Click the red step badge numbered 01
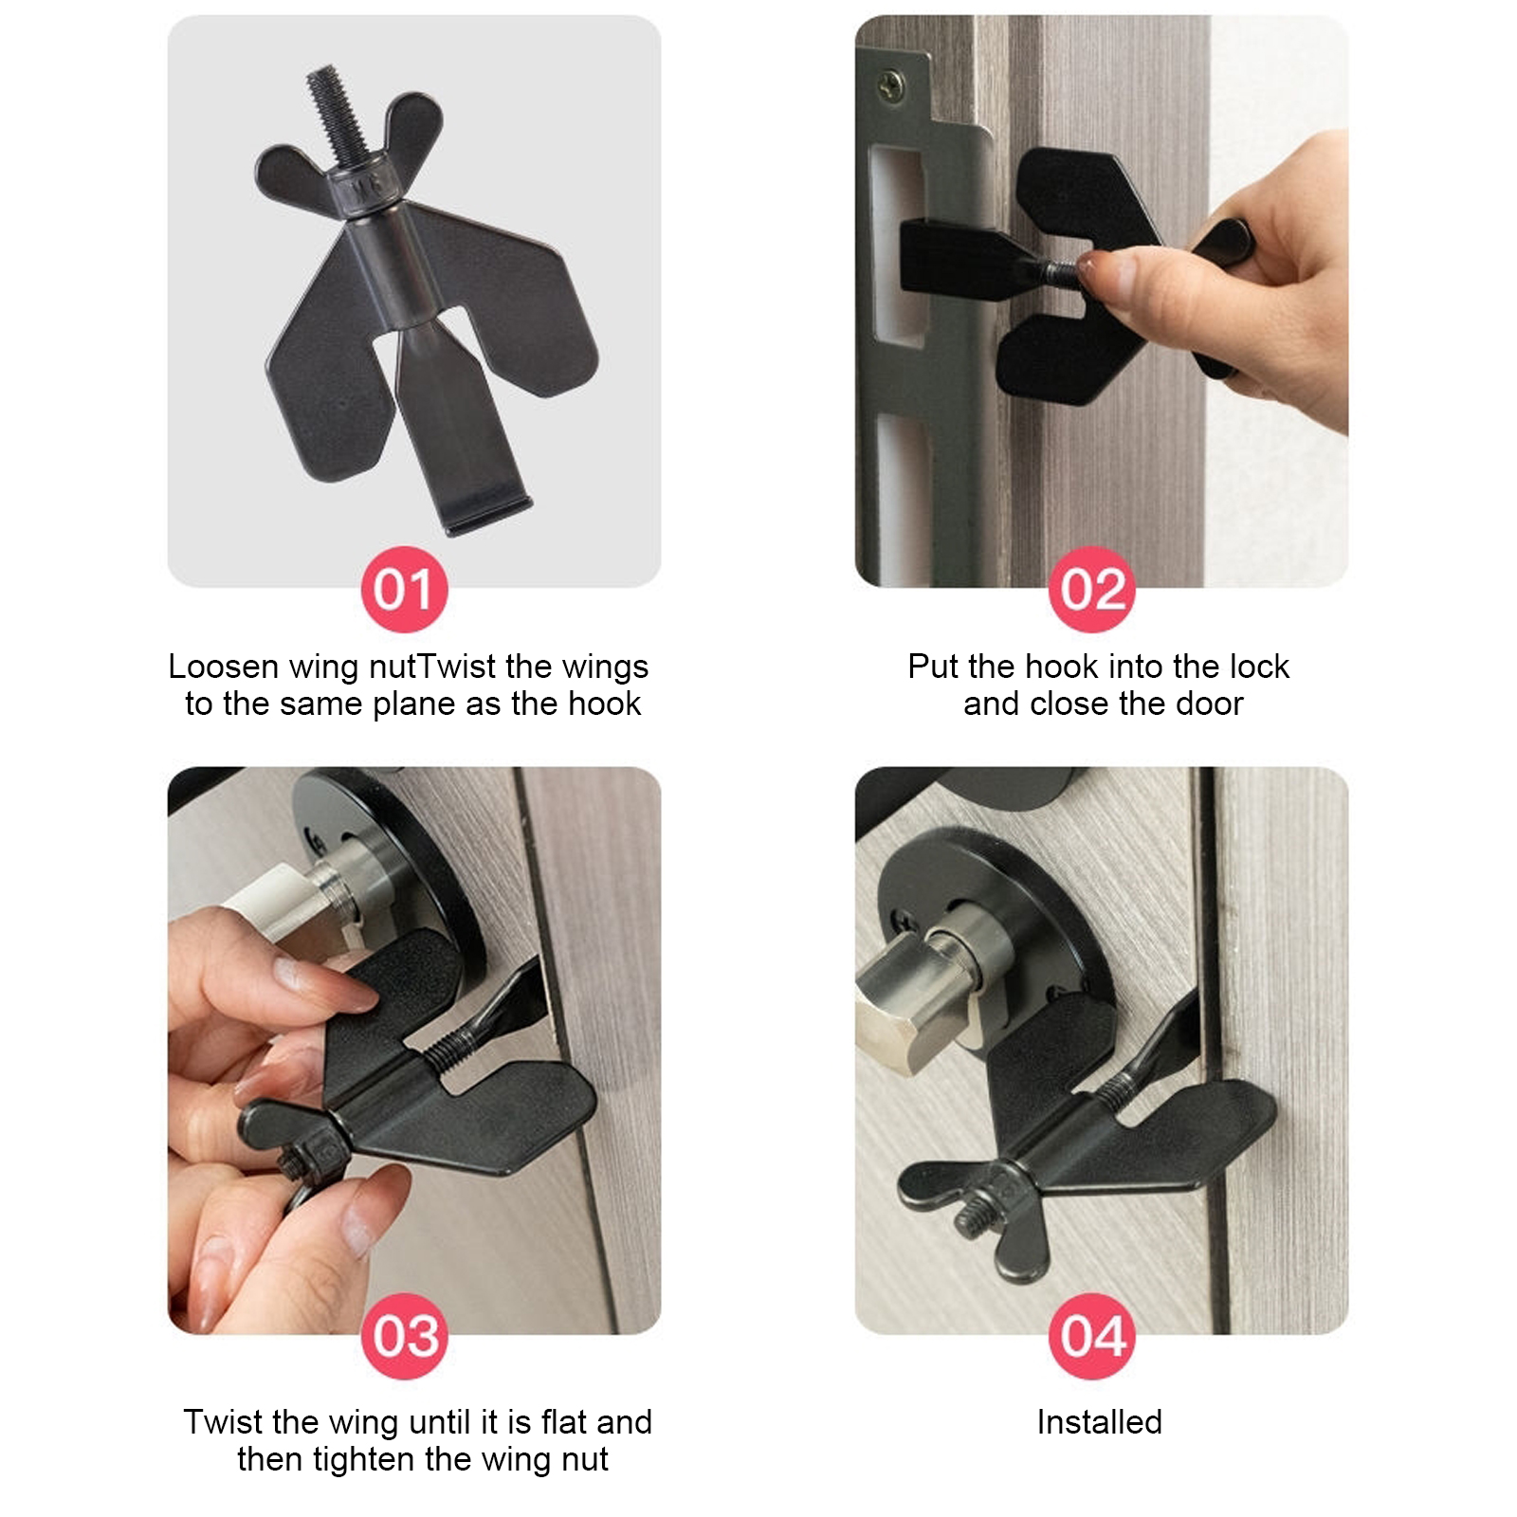(x=404, y=589)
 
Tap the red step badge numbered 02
(x=1091, y=589)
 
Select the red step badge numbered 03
(x=404, y=1336)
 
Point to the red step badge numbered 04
(x=1091, y=1336)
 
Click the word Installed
(x=1099, y=1422)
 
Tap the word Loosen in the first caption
(x=224, y=667)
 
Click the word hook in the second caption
(x=1064, y=667)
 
